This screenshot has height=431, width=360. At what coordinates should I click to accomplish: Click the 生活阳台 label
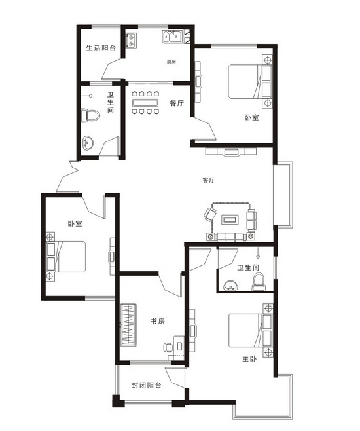point(101,48)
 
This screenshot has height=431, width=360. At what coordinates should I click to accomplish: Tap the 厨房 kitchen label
point(171,62)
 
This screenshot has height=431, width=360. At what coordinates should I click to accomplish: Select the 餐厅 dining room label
point(177,103)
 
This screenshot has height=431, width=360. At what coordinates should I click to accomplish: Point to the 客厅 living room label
point(208,180)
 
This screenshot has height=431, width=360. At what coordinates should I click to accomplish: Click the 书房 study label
point(158,321)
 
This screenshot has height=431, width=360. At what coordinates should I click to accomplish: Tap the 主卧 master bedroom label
point(249,359)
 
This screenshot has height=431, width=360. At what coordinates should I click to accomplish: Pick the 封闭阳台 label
point(146,385)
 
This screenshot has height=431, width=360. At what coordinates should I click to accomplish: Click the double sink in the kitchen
point(172,37)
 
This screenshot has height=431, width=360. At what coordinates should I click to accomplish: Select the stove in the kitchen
point(131,40)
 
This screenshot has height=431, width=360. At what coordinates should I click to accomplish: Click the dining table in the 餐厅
point(145,103)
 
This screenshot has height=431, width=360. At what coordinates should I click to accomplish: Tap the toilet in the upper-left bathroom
point(90,116)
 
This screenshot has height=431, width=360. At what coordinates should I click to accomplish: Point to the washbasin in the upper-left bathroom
point(88,143)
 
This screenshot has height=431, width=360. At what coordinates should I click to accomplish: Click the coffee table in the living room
point(230,219)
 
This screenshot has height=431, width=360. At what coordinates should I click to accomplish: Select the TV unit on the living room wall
point(231,151)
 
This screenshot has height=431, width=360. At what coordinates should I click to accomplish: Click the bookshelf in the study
point(128,324)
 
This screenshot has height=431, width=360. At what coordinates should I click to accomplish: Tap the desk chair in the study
point(168,347)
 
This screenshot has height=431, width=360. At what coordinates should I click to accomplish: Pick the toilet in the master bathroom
point(259,282)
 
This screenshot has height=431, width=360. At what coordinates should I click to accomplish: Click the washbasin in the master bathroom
point(231,285)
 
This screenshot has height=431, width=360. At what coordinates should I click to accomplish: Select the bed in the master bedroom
point(251,330)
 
